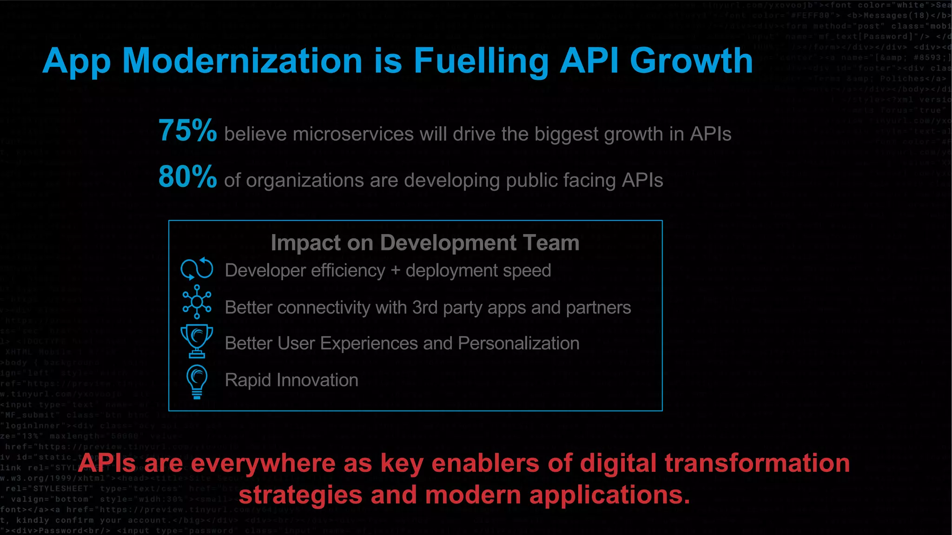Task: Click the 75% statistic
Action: (x=187, y=130)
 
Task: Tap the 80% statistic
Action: (x=187, y=177)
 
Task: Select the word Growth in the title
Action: (x=691, y=61)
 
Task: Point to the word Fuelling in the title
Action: (x=481, y=62)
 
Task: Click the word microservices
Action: (x=353, y=134)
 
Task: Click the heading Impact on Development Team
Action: (x=425, y=243)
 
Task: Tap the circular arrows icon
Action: (x=197, y=268)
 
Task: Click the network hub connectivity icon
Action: (x=197, y=302)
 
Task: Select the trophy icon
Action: (x=197, y=340)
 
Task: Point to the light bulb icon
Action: (x=197, y=381)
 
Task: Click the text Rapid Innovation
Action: (x=291, y=380)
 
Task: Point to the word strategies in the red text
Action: (x=300, y=496)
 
